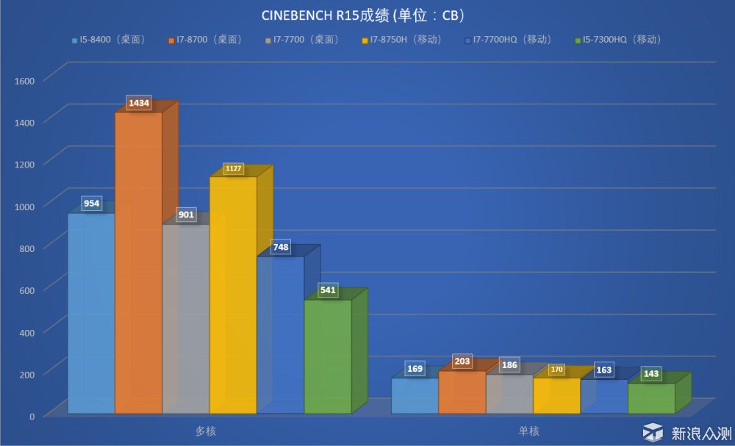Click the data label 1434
click(x=140, y=104)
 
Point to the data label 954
click(x=92, y=204)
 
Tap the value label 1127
click(x=233, y=169)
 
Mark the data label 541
click(x=329, y=291)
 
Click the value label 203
click(x=462, y=362)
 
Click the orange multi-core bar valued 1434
click(x=139, y=265)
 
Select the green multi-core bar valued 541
click(x=328, y=356)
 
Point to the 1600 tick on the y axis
click(x=26, y=79)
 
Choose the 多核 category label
click(x=206, y=431)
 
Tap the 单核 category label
click(x=528, y=431)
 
